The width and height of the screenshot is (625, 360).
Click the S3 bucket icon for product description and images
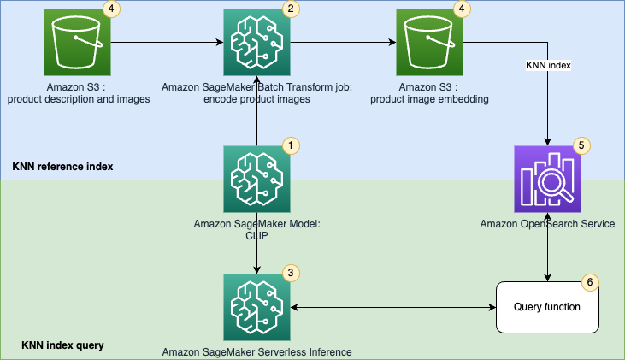click(78, 42)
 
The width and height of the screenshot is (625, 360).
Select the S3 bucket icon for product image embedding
click(430, 42)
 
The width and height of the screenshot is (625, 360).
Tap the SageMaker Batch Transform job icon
click(256, 42)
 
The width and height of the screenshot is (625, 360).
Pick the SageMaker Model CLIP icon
click(256, 179)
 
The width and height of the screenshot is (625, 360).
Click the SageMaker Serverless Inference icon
click(256, 307)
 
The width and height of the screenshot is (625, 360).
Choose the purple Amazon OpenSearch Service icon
click(547, 179)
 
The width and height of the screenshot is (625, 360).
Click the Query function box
click(547, 307)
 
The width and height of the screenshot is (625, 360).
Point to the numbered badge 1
click(291, 145)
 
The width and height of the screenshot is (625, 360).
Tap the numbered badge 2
click(291, 9)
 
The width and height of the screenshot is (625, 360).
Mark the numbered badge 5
click(581, 145)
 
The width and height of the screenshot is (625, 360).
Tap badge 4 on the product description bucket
click(112, 9)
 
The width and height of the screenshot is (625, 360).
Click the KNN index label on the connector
click(547, 64)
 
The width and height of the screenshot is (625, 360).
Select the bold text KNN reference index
click(63, 166)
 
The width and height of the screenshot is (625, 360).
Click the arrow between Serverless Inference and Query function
click(393, 307)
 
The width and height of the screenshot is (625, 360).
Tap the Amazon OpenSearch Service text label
click(547, 224)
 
